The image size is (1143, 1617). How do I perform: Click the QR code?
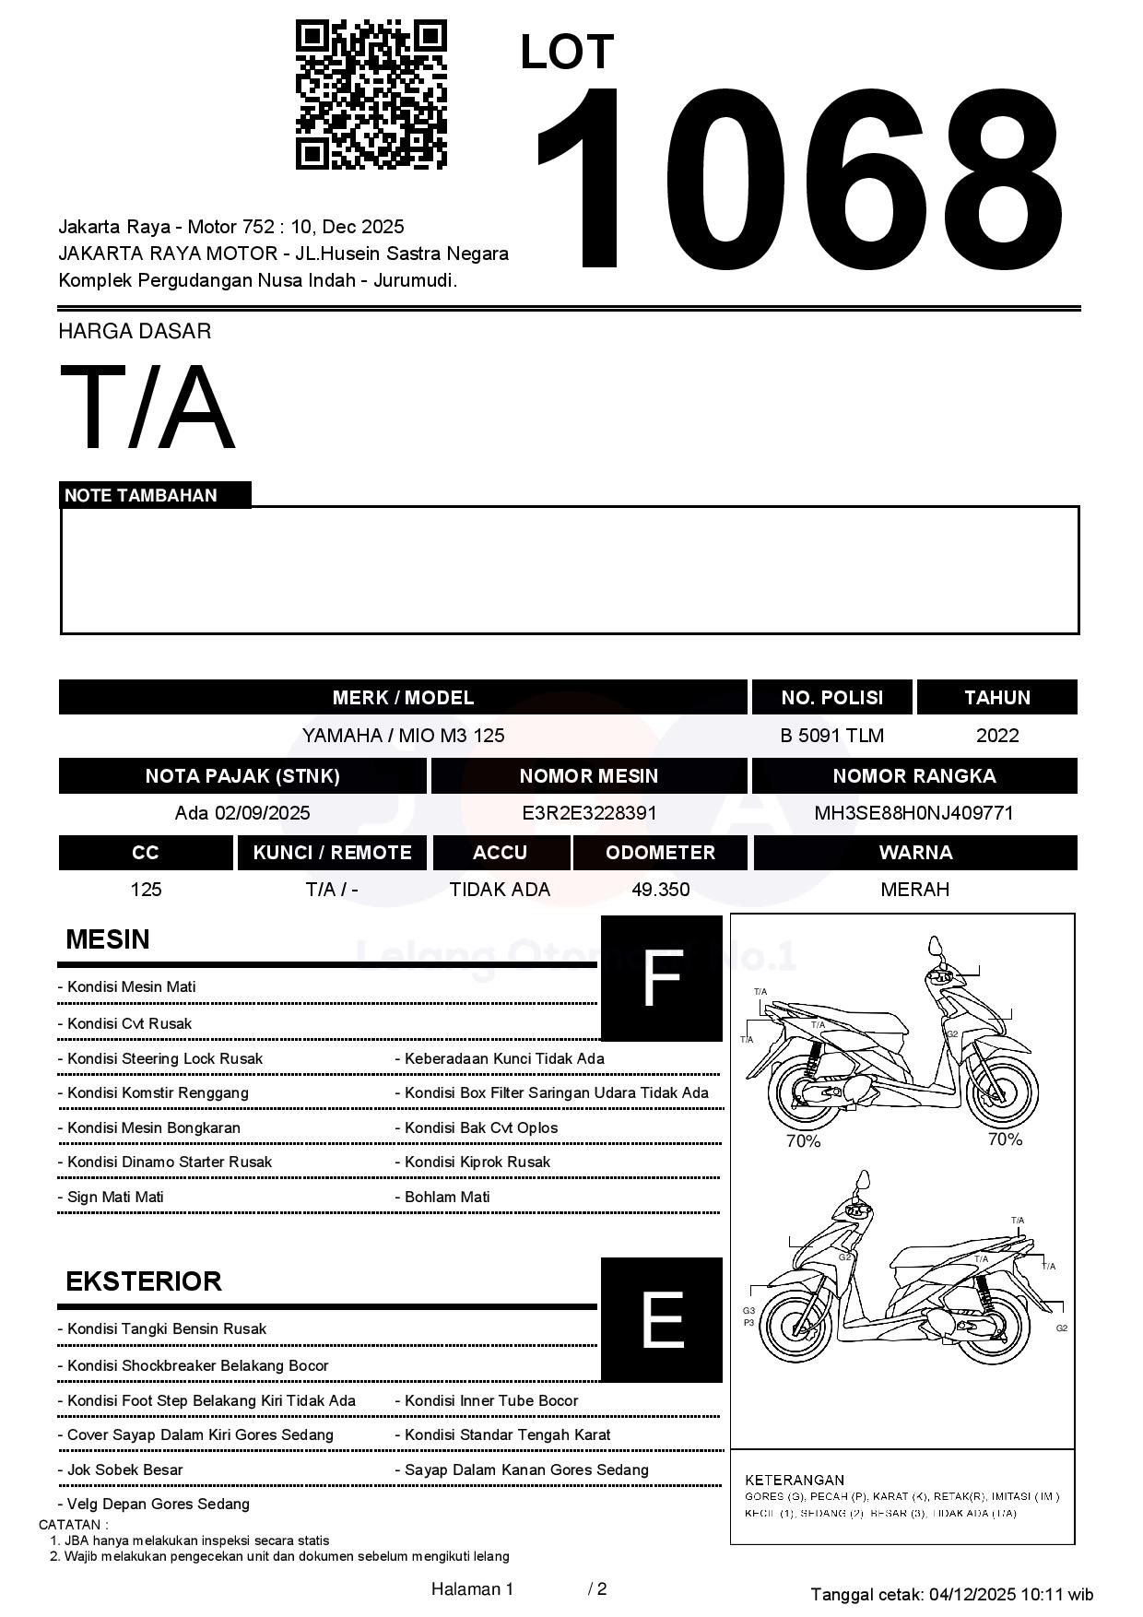pyautogui.click(x=371, y=95)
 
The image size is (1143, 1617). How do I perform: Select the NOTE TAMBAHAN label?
pyautogui.click(x=141, y=496)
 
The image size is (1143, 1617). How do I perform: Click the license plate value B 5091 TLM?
pyautogui.click(x=831, y=736)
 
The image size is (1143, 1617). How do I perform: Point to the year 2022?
pyautogui.click(x=997, y=736)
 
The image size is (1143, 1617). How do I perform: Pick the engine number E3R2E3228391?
pyautogui.click(x=589, y=813)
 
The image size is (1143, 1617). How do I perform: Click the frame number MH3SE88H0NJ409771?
pyautogui.click(x=913, y=813)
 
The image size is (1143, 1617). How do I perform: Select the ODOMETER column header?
pyautogui.click(x=660, y=853)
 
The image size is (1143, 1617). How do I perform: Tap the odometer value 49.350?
pyautogui.click(x=660, y=890)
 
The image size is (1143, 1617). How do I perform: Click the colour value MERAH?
pyautogui.click(x=914, y=890)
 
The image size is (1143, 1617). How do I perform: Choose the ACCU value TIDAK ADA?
pyautogui.click(x=500, y=890)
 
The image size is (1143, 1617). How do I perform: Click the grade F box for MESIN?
pyautogui.click(x=661, y=978)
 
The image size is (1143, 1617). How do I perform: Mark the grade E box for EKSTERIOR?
pyautogui.click(x=661, y=1319)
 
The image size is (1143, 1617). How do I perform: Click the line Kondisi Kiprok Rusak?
pyautogui.click(x=477, y=1163)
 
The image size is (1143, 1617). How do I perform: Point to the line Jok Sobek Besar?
pyautogui.click(x=125, y=1469)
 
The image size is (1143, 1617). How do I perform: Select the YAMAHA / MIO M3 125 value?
pyautogui.click(x=403, y=736)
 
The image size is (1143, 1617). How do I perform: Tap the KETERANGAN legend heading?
pyautogui.click(x=795, y=1480)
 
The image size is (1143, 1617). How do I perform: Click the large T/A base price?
pyautogui.click(x=147, y=407)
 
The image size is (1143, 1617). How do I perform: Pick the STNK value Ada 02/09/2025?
pyautogui.click(x=242, y=813)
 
